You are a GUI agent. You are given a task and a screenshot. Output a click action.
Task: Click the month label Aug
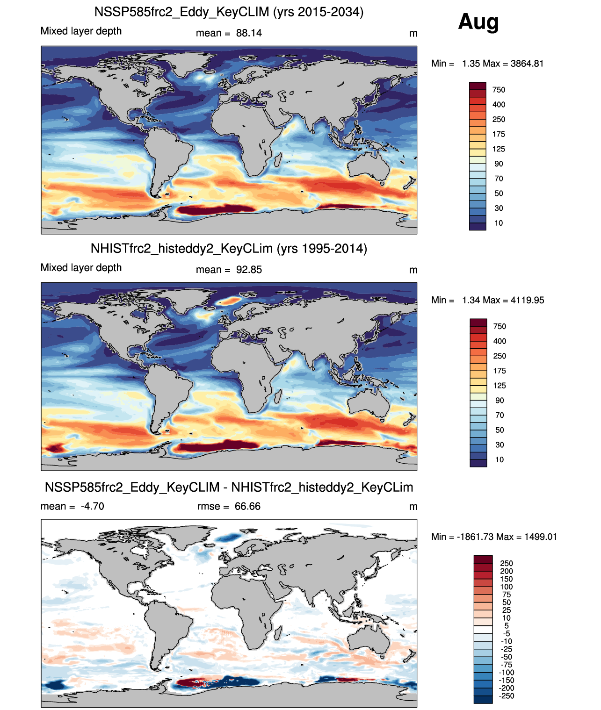click(478, 22)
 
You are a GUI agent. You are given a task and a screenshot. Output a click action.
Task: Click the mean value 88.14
click(249, 33)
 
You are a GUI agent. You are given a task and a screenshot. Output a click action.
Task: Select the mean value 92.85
click(249, 270)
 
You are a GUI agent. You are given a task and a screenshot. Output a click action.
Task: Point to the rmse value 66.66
click(247, 506)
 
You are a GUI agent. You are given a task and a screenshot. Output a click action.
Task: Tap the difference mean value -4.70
click(92, 506)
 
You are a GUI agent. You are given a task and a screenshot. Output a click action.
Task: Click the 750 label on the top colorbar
click(499, 90)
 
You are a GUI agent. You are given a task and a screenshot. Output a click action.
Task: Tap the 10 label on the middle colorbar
click(500, 459)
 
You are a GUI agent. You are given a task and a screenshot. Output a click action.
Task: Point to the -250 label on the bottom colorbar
click(506, 696)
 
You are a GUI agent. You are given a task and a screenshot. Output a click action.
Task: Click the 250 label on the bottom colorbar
click(507, 564)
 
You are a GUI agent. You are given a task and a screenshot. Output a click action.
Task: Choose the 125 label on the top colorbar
click(499, 149)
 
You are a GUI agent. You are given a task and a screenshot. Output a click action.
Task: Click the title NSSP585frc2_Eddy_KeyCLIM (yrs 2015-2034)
click(229, 12)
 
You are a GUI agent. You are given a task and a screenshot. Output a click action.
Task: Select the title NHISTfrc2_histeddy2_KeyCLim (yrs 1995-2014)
click(229, 248)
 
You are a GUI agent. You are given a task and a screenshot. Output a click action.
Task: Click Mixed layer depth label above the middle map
click(81, 268)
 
